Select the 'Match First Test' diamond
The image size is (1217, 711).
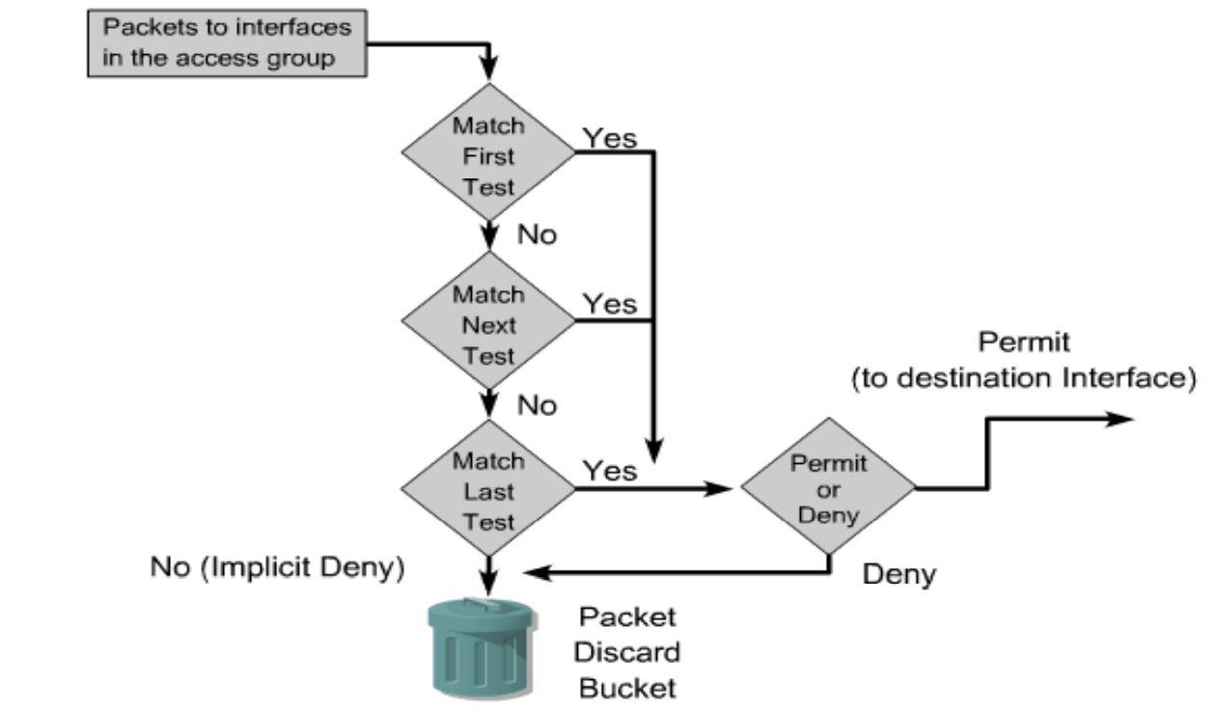click(x=489, y=154)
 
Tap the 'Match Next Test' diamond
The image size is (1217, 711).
click(x=489, y=324)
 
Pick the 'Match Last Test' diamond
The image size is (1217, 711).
click(x=489, y=490)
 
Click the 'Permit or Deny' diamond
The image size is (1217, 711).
click(x=829, y=489)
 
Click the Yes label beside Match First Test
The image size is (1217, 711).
click(x=610, y=138)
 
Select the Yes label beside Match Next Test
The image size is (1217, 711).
click(x=610, y=305)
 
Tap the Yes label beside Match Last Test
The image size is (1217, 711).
click(x=610, y=470)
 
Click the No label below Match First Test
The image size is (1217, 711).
click(x=538, y=235)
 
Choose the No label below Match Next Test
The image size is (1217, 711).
click(x=538, y=405)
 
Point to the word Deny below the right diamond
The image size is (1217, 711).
click(x=899, y=575)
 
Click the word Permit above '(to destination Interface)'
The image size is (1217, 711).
click(x=1022, y=342)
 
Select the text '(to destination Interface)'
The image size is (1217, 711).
click(x=1023, y=378)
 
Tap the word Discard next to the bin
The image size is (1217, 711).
click(x=627, y=652)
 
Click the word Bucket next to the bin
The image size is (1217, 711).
click(x=627, y=688)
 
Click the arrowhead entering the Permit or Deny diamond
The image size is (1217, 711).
click(x=724, y=489)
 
